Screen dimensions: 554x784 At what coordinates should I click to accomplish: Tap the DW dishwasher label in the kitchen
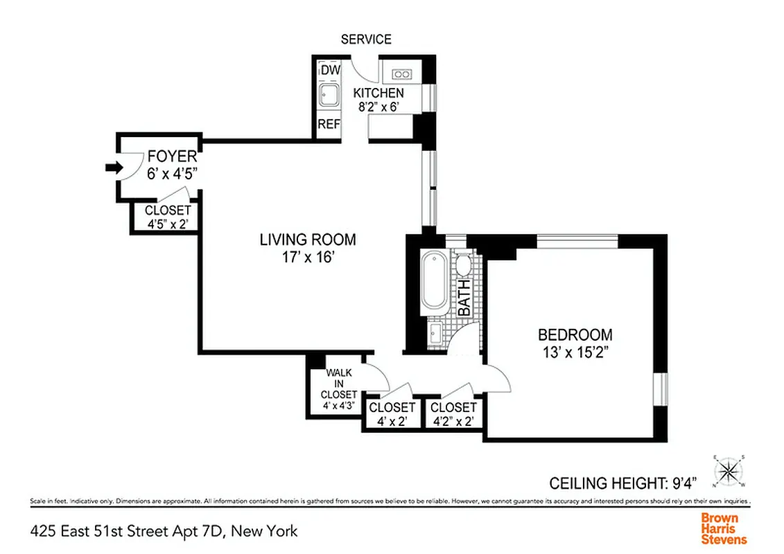coord(330,70)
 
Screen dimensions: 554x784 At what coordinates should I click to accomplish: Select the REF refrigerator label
coord(329,125)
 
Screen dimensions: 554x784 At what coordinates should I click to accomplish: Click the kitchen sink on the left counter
coord(328,95)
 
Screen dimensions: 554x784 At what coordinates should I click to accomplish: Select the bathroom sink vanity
coord(435,333)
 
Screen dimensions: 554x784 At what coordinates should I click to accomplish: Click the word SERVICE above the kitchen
coord(366,39)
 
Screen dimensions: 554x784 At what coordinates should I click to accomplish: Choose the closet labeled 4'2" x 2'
coord(453,414)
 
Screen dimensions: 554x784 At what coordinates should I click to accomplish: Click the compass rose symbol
coord(728,472)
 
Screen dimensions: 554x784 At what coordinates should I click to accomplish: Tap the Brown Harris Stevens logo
coord(724,528)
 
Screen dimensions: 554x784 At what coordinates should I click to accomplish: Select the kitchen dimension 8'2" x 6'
coord(380,107)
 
